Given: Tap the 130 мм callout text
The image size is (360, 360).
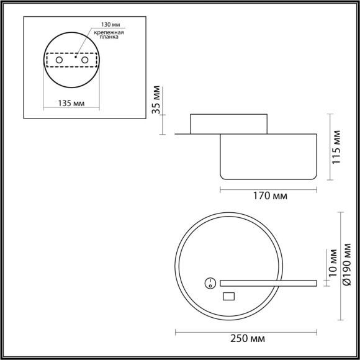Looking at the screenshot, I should pyautogui.click(x=104, y=28).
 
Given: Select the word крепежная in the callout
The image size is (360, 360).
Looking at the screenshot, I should pyautogui.click(x=109, y=35).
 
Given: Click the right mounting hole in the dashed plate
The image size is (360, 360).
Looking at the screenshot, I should pyautogui.click(x=84, y=60).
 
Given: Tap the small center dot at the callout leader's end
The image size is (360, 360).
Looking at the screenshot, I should pyautogui.click(x=76, y=56).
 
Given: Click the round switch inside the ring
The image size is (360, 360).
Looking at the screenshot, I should pyautogui.click(x=210, y=283).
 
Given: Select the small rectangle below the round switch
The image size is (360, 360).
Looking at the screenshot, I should pyautogui.click(x=228, y=296).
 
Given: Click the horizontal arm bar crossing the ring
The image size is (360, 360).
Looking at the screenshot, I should pyautogui.click(x=267, y=283).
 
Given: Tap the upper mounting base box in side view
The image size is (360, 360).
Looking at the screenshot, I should pyautogui.click(x=229, y=124).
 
